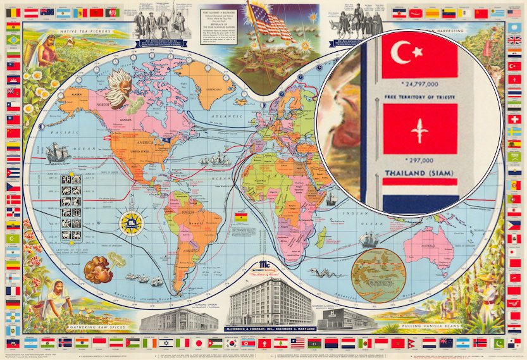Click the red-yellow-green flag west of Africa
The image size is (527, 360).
(x=242, y=217)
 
